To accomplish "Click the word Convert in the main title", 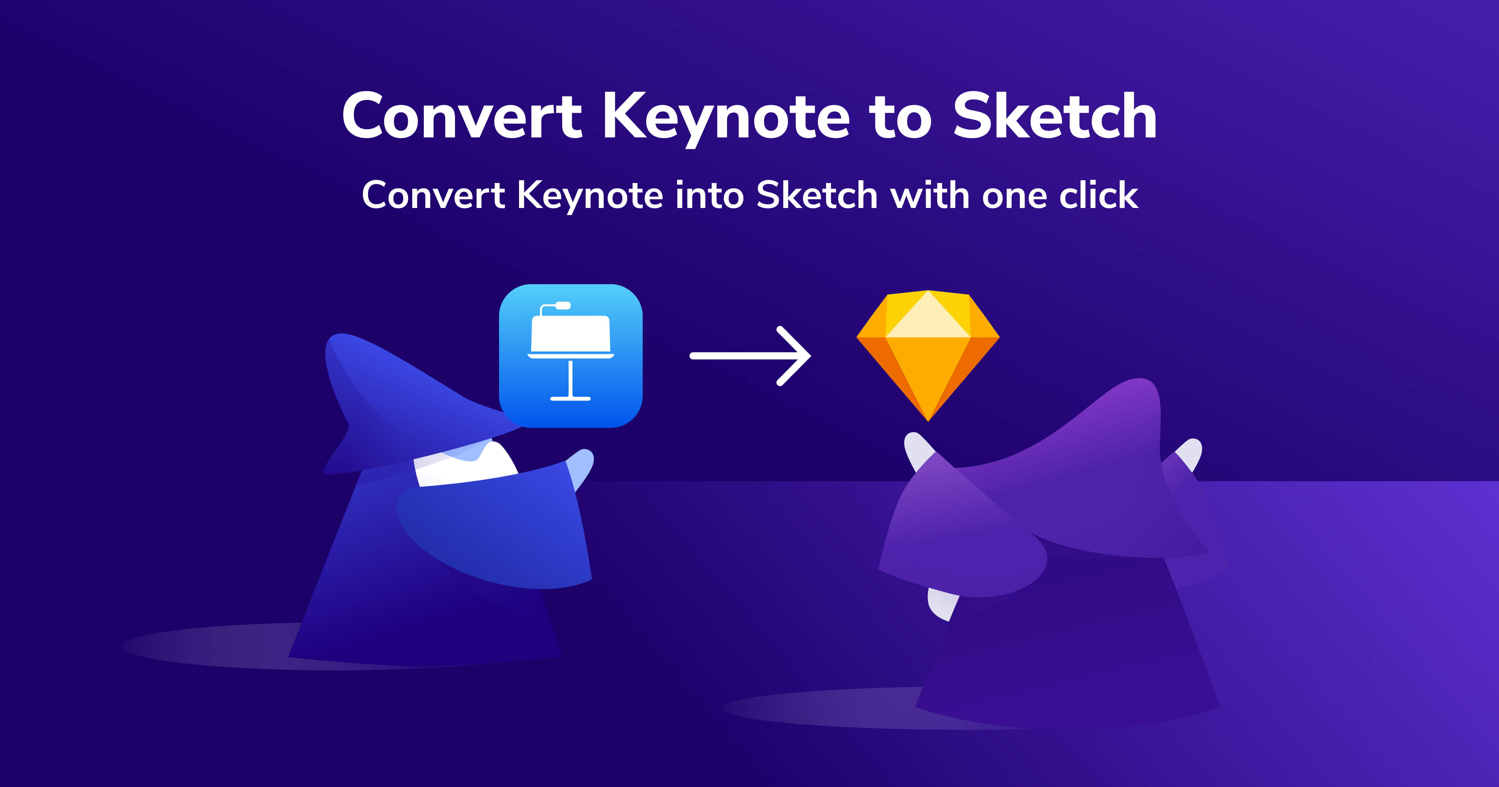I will click(x=462, y=116).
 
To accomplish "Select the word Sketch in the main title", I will click(x=1054, y=116).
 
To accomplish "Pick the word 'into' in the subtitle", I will click(x=709, y=195).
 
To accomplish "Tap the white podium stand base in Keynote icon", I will click(x=570, y=398).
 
